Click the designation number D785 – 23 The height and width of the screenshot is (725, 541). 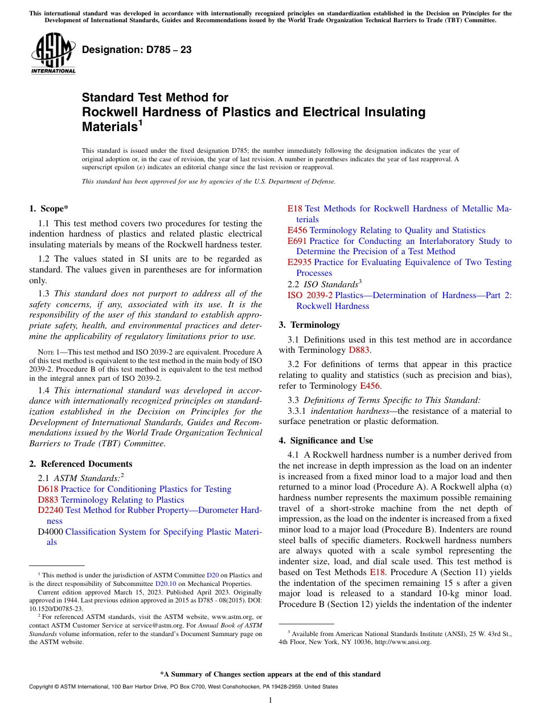click(137, 50)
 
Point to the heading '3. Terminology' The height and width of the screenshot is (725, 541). click(309, 325)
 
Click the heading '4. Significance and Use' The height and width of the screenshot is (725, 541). click(326, 441)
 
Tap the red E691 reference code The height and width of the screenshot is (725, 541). click(297, 241)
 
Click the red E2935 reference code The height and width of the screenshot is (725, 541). click(300, 262)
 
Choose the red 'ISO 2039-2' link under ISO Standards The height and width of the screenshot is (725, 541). click(310, 295)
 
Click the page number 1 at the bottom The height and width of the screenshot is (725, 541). click(270, 700)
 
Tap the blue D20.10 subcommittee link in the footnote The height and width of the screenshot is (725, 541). click(165, 584)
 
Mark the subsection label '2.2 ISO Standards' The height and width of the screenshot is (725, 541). click(325, 284)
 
